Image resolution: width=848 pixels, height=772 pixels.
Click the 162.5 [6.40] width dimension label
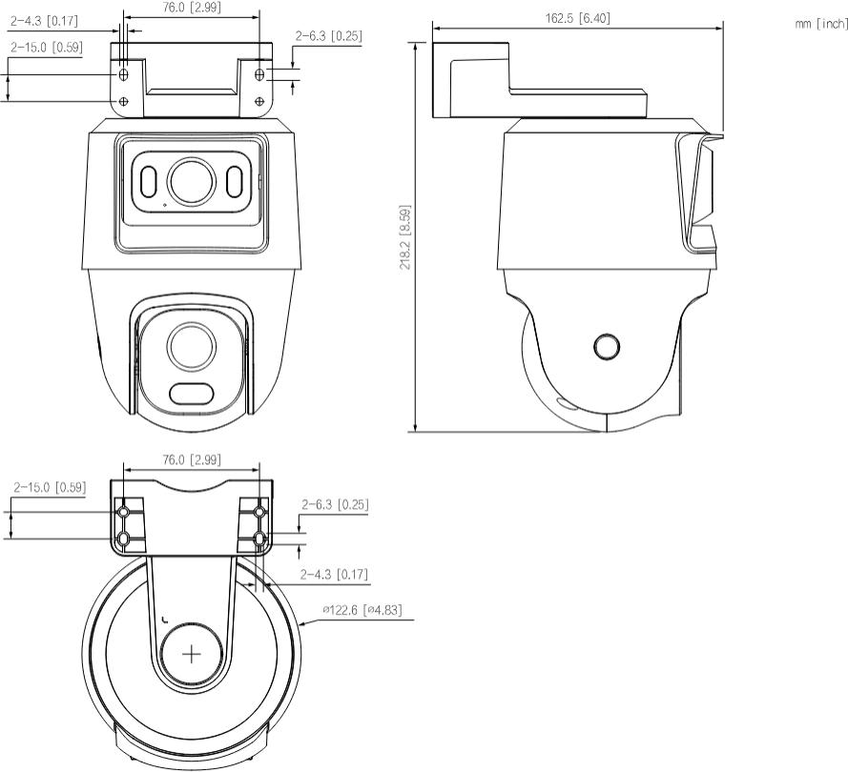click(578, 18)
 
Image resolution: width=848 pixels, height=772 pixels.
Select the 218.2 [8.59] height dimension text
click(405, 237)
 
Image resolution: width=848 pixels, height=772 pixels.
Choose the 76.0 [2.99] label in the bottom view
click(191, 459)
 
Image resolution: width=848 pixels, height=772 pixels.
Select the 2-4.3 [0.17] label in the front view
click(44, 18)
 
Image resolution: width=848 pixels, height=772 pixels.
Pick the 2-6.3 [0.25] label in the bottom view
click(335, 504)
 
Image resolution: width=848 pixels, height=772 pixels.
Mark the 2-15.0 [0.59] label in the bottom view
click(50, 488)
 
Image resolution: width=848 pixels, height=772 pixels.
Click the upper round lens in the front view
click(191, 179)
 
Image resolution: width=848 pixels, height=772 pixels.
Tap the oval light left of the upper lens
click(148, 179)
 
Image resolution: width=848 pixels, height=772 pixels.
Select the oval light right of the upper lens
click(235, 179)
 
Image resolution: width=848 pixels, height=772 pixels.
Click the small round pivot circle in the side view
click(606, 346)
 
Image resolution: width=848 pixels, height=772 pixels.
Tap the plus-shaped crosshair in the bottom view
click(192, 654)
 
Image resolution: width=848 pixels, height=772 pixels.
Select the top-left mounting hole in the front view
click(124, 73)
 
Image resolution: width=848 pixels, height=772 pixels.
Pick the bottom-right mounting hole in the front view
click(259, 101)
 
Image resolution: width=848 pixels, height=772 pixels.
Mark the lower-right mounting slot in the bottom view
click(259, 539)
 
